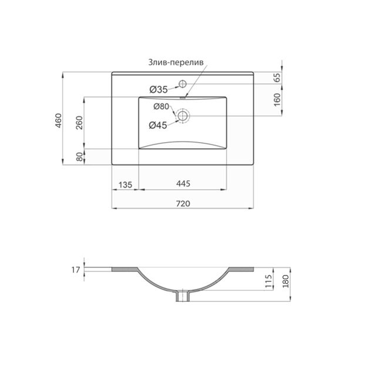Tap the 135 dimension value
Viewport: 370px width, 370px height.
click(125, 184)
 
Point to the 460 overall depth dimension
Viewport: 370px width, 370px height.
click(59, 120)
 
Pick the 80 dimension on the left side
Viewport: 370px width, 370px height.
click(79, 157)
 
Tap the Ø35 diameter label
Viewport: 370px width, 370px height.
click(159, 89)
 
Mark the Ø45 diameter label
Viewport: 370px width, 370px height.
click(159, 125)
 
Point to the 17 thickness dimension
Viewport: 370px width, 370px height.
click(74, 270)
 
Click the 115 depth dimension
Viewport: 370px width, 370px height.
click(267, 279)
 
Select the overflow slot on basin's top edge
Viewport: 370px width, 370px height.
click(183, 97)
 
